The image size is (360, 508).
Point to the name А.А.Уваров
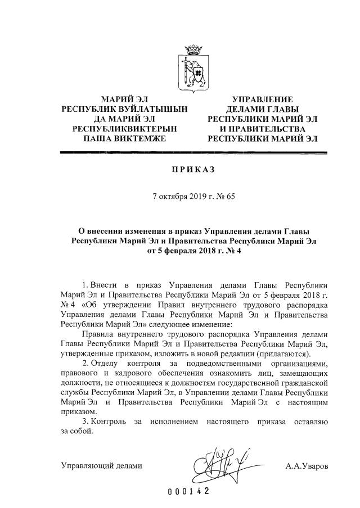coord(307,466)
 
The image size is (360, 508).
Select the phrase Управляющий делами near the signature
coord(101,466)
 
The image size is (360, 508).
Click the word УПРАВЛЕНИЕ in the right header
coord(263,99)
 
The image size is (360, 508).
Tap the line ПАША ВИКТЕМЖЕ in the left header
coord(124,137)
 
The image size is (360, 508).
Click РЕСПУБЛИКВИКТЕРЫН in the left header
coord(125,128)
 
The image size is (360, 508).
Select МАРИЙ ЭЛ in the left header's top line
coord(125,99)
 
